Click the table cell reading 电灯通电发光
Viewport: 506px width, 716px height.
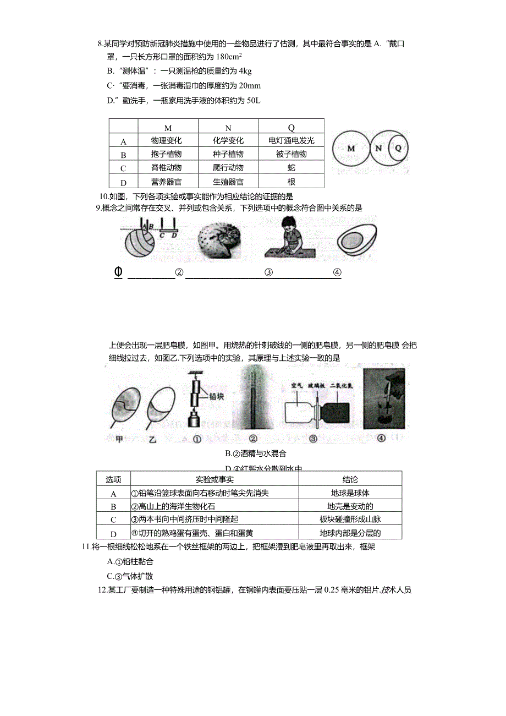291,141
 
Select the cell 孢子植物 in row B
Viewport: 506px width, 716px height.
167,155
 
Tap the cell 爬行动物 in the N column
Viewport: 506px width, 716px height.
228,168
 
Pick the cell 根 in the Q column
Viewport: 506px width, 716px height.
291,182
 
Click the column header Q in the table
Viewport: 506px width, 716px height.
291,128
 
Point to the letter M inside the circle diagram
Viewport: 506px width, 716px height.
351,149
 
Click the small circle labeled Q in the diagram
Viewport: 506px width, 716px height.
398,149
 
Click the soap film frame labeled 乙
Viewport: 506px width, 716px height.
162,405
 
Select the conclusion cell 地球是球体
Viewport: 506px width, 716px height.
350,493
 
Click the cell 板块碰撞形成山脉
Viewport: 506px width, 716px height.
350,520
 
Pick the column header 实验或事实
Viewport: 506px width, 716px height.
215,479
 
